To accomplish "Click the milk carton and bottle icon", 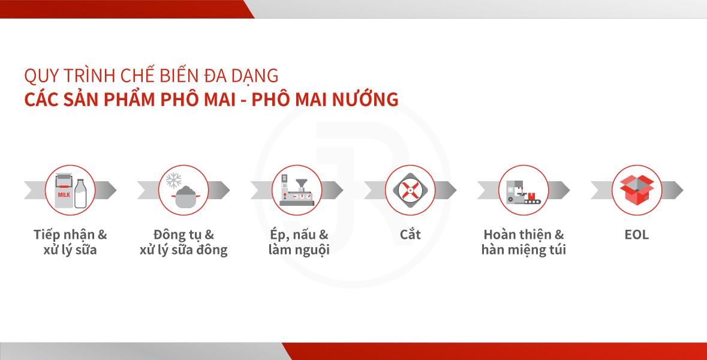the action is coord(70,191).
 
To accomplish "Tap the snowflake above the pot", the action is coord(173,181).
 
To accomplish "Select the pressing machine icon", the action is coord(296,190).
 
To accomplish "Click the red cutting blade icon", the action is coord(410,190).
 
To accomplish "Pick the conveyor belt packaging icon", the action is coord(523,192).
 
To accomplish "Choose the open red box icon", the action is coord(637,190).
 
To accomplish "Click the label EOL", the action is coord(637,235).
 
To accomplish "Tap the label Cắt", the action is coord(410,234).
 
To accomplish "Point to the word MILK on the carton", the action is coord(64,195).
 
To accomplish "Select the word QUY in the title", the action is coord(41,76).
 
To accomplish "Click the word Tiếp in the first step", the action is coord(46,235).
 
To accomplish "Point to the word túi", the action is coord(557,249).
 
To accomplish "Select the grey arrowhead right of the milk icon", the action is coord(106,190).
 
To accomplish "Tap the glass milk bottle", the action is coord(80,194).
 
